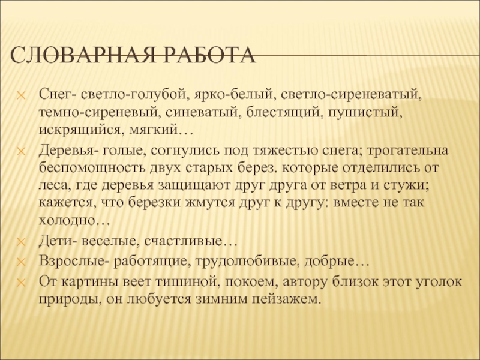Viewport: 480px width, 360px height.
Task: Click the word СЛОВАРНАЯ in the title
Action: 83,55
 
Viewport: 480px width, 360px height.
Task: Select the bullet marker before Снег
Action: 21,95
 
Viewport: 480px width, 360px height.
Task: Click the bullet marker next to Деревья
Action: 21,151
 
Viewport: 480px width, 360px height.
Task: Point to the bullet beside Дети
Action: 21,242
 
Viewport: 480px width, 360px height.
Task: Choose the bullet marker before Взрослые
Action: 21,262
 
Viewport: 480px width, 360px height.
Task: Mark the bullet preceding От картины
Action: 21,282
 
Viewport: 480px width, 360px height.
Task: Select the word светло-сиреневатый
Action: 352,94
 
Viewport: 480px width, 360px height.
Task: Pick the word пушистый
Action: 365,113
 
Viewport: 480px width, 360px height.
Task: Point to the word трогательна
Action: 407,151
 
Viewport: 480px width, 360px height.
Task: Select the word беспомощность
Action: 92,168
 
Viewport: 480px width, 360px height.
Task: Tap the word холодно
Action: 74,220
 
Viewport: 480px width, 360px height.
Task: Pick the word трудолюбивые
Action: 247,262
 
